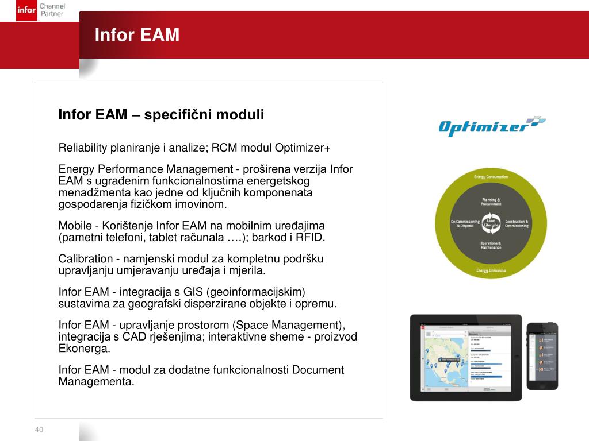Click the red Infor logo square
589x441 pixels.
[27, 10]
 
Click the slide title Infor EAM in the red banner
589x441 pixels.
[137, 35]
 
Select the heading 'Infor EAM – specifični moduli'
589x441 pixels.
[161, 115]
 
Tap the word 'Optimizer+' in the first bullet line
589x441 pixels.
[303, 148]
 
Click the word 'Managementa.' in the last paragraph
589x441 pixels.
[96, 381]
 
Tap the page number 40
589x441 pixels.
[39, 430]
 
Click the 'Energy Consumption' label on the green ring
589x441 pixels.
[491, 177]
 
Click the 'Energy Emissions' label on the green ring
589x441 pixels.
[491, 270]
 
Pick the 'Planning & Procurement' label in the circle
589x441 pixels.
[491, 202]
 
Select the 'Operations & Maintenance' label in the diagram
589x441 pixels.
[491, 245]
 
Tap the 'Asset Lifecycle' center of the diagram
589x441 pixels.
[491, 223]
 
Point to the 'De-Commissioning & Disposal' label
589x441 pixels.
[465, 223]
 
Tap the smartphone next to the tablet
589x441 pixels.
[542, 356]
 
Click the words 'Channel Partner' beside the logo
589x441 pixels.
[52, 10]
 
